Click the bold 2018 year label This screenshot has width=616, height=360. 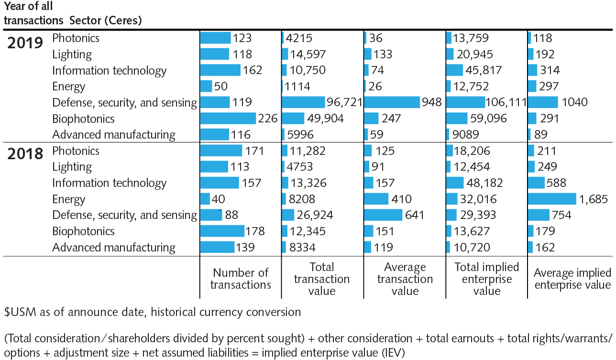[x=25, y=154]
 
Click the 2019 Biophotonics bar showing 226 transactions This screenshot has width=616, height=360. [x=228, y=119]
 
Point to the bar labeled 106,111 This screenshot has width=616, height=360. [x=465, y=102]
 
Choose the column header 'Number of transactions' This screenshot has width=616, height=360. [x=241, y=279]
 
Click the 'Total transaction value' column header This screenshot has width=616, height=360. [x=322, y=279]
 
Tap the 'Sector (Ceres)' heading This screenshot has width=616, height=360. [x=105, y=21]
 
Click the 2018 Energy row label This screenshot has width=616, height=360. [x=68, y=199]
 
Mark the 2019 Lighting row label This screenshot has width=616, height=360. [x=72, y=55]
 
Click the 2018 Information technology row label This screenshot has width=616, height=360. [x=109, y=183]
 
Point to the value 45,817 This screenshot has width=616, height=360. [x=483, y=70]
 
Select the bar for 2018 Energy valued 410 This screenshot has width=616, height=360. [x=376, y=199]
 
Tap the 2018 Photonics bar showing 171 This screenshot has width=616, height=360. [x=221, y=151]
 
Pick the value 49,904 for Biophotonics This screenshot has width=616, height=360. [x=325, y=119]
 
